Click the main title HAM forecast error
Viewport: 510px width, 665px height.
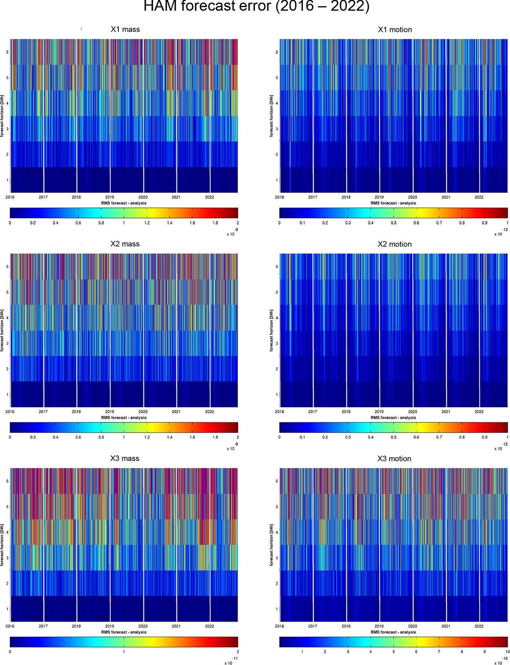pos(255,7)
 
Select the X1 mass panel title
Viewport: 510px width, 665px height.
pos(125,29)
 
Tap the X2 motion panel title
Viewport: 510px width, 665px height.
pos(394,244)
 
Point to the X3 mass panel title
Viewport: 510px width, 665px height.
pos(125,459)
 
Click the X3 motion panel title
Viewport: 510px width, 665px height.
pos(394,459)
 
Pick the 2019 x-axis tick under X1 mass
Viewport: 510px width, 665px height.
pos(110,197)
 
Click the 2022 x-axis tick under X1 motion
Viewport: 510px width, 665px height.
pos(479,197)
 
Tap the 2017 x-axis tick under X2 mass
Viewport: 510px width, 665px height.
pos(43,412)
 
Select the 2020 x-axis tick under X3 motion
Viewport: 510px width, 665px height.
pos(412,626)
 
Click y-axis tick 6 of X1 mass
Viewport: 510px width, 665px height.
pos(7,52)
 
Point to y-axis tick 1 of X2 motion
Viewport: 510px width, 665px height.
pos(277,394)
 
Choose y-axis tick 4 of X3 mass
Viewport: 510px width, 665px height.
pos(7,532)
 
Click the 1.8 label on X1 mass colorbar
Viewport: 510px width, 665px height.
pos(215,223)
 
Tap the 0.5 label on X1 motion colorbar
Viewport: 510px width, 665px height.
pos(393,223)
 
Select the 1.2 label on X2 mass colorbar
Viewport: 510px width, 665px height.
pos(147,437)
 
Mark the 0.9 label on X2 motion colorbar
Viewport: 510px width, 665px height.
pos(484,437)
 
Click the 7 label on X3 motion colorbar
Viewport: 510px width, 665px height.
pos(439,651)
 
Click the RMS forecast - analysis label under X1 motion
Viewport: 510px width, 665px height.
pos(393,203)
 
